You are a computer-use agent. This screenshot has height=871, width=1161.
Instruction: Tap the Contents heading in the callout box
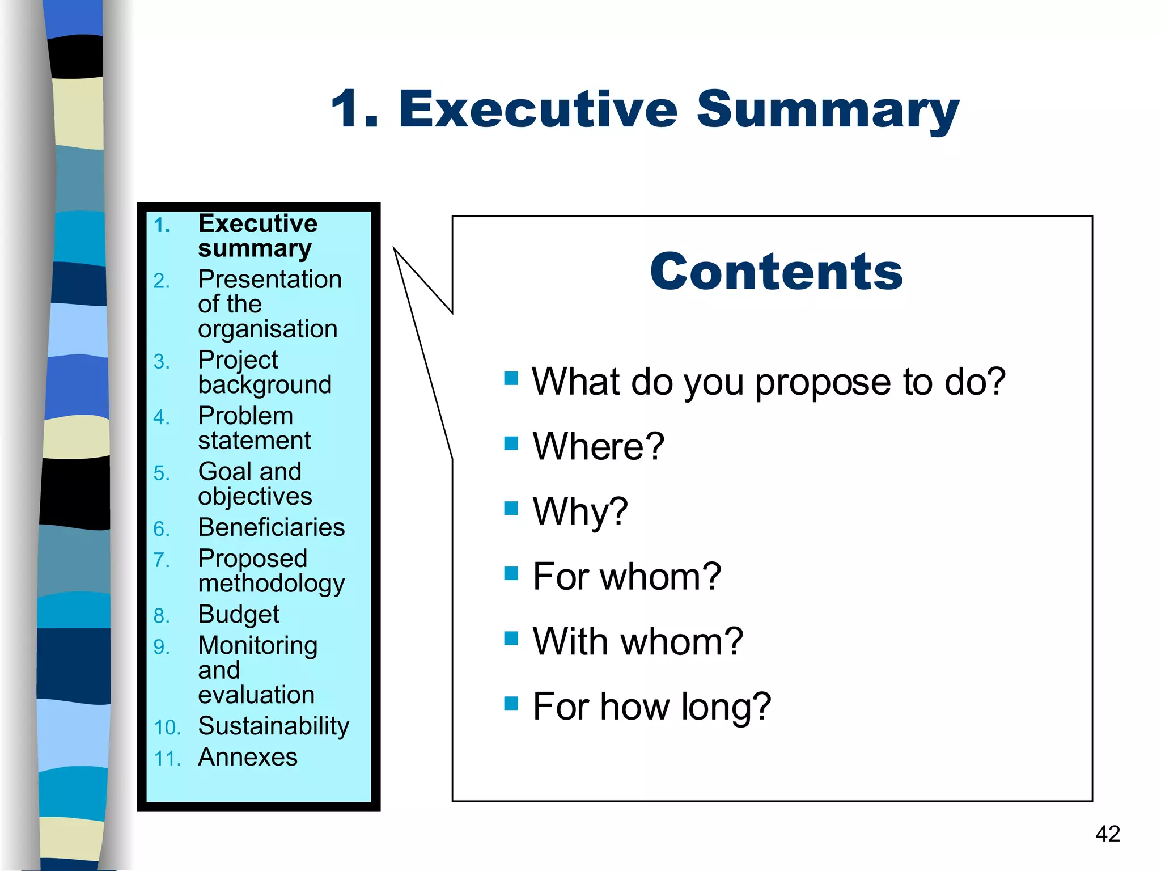pos(776,272)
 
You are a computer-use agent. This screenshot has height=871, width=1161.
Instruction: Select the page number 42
pos(1108,834)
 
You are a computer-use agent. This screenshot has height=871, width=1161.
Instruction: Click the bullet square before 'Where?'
pos(511,443)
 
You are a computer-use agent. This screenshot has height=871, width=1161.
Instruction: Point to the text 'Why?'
pos(580,511)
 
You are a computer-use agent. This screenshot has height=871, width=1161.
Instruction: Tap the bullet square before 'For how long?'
pos(511,703)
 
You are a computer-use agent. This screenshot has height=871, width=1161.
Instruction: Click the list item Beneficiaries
pos(271,527)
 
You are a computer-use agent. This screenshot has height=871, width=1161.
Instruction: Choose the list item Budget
pos(239,615)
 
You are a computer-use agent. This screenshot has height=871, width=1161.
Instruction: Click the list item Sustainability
pos(273,726)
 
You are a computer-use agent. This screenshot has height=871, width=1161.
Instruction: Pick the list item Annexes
pos(248,757)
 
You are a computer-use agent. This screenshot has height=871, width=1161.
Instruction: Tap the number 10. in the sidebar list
pos(167,728)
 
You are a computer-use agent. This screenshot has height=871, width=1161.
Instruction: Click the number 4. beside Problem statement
pos(162,418)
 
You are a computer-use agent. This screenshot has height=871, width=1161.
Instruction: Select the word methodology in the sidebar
pos(271,584)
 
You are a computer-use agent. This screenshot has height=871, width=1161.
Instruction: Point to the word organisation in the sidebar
pos(268,329)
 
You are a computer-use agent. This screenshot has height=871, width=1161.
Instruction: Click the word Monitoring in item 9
pos(258,646)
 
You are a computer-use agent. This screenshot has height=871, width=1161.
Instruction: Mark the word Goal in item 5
pos(224,472)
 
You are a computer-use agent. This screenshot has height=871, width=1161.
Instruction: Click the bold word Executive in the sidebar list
pos(258,223)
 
